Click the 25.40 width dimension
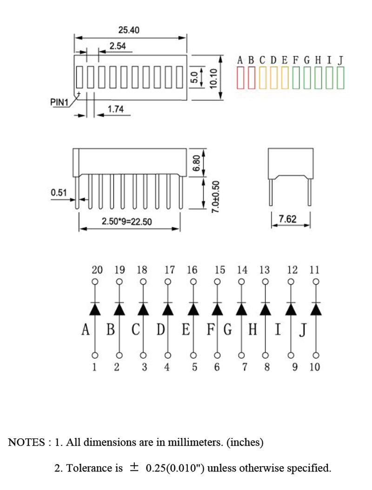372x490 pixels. [x=129, y=30]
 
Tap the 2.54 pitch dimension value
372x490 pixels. [x=118, y=46]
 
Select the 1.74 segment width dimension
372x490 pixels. [x=115, y=109]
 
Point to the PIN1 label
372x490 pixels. [x=60, y=102]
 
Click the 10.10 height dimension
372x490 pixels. [x=213, y=78]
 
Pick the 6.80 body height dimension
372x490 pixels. [x=196, y=163]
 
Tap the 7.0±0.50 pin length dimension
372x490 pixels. [x=216, y=197]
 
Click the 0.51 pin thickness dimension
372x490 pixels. [x=59, y=192]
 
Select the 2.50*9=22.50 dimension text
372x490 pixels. [x=126, y=222]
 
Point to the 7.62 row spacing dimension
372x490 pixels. [x=287, y=219]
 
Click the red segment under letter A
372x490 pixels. [x=240, y=78]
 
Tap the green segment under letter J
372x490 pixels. [x=340, y=78]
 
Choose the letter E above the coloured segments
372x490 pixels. [x=284, y=60]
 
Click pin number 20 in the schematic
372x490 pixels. [x=97, y=270]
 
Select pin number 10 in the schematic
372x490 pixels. [x=315, y=367]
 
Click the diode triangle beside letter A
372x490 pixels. [x=95, y=309]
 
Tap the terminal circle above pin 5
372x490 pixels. [x=193, y=355]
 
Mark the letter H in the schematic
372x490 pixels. [x=252, y=329]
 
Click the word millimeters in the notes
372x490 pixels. [x=195, y=442]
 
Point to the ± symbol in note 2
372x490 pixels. [x=134, y=468]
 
